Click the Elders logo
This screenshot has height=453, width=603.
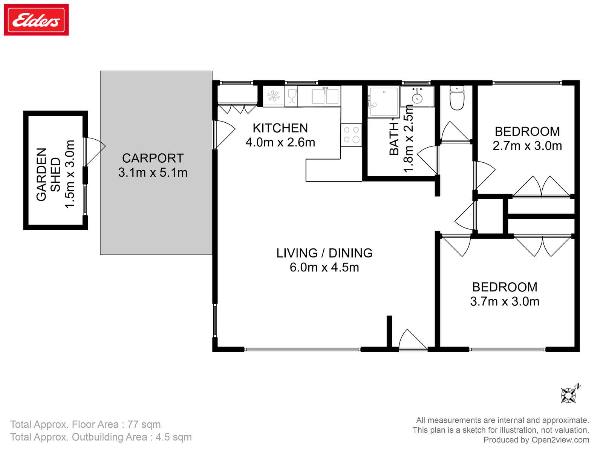[36, 20]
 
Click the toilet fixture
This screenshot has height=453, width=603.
[456, 98]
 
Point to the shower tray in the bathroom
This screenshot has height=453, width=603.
[384, 102]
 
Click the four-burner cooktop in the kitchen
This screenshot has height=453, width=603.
[351, 135]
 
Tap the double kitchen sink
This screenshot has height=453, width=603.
[325, 96]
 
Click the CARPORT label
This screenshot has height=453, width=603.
[153, 158]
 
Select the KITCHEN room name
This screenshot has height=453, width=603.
[280, 128]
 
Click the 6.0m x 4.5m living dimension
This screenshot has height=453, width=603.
[324, 267]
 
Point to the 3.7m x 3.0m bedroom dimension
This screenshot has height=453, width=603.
[505, 302]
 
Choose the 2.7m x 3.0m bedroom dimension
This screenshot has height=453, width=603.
[527, 146]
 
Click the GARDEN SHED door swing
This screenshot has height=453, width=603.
[95, 152]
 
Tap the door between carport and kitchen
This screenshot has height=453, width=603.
[224, 135]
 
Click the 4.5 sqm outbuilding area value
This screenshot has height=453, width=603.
[174, 437]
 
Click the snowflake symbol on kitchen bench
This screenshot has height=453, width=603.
[273, 96]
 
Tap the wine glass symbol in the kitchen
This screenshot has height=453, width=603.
[292, 96]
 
